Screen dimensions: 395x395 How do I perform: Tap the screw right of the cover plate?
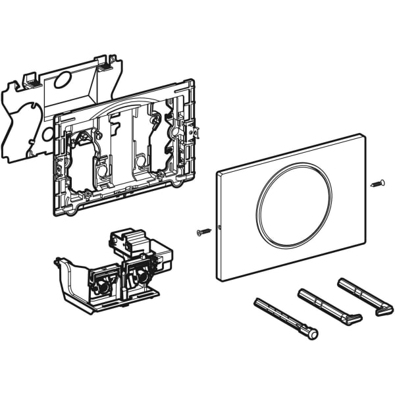pos(377,183)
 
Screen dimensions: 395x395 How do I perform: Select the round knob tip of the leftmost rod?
pos(312,334)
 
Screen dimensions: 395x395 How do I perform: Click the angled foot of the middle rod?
pos(354,319)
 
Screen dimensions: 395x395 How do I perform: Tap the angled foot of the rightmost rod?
pos(384,307)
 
